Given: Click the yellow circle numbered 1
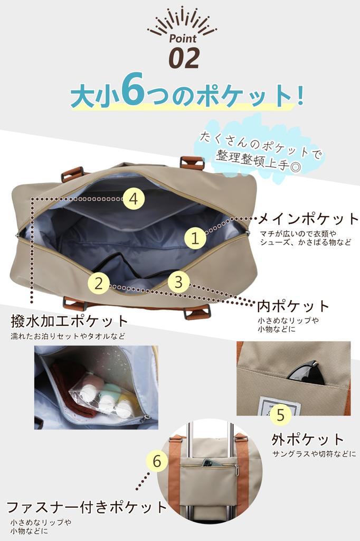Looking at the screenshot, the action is tap(195, 238).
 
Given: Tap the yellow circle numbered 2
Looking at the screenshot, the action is tap(99, 283).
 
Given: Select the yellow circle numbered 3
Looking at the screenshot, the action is tap(178, 282).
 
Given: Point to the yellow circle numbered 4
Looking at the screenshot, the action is tap(134, 199).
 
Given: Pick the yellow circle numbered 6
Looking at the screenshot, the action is tap(157, 461).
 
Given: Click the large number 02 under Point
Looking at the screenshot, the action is tap(184, 58).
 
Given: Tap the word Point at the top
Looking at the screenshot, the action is tap(183, 38).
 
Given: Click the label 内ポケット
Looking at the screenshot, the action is tap(293, 306).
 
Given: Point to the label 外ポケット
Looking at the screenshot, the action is tap(308, 439).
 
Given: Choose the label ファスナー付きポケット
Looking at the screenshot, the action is tap(87, 507).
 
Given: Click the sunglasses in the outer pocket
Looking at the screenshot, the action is tap(306, 372).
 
